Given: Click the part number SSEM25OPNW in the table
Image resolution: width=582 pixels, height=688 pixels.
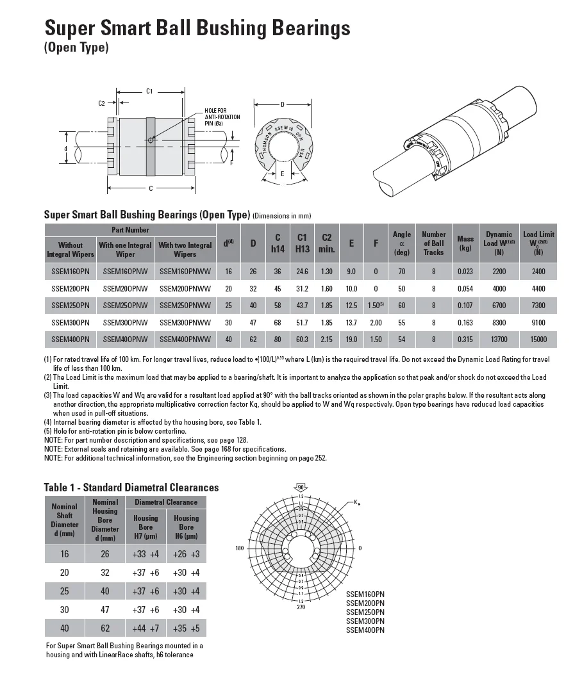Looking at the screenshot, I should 125,305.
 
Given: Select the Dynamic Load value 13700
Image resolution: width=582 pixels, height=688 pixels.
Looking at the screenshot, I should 499,339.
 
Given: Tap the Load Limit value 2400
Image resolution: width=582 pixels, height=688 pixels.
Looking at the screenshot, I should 538,272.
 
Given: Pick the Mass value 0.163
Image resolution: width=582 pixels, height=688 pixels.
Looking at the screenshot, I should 465,322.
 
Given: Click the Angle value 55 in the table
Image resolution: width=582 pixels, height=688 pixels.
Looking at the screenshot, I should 402,322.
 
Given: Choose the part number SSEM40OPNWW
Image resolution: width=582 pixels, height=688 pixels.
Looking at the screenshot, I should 185,339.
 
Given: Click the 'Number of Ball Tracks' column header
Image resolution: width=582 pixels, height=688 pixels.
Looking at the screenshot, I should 433,243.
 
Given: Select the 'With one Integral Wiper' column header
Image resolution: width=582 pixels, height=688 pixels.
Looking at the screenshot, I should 125,249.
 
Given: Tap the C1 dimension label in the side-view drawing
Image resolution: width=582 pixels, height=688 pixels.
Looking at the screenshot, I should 149,91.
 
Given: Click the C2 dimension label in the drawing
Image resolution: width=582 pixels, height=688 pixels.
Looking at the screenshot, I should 101,102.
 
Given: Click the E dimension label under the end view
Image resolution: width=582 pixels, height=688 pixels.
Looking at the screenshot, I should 283,174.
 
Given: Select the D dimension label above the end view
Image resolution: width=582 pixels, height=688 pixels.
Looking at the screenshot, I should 283,104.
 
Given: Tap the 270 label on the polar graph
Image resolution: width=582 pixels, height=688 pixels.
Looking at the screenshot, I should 301,606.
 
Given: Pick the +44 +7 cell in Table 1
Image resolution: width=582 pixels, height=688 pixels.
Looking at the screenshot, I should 145,628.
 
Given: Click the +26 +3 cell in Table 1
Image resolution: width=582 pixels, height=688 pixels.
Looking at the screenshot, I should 186,553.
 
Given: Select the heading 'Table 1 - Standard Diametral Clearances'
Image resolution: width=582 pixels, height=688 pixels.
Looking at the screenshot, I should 131,487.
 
